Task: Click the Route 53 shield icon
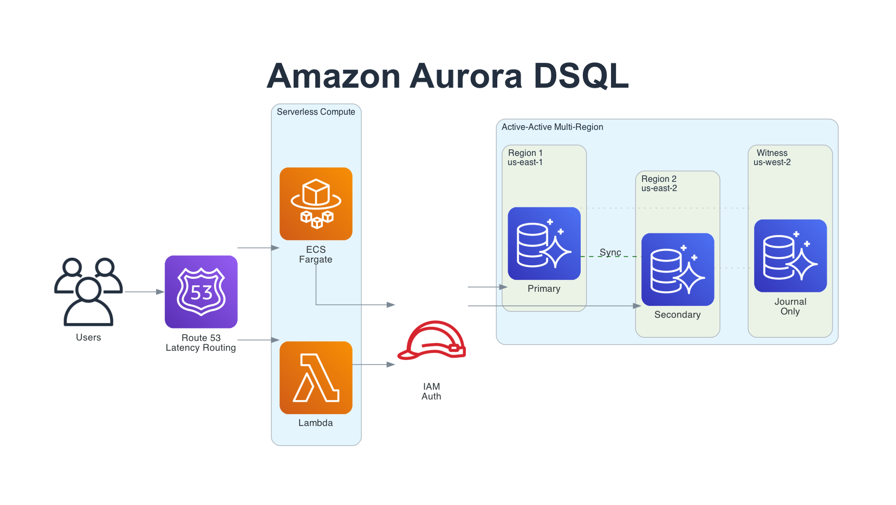point(201,292)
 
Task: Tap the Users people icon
point(88,292)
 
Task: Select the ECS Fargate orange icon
point(316,204)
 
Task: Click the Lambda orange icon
point(316,377)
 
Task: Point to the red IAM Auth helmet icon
point(432,340)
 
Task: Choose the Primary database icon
point(544,244)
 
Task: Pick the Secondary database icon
point(678,270)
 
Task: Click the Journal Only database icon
point(790,255)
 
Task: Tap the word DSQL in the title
point(581,76)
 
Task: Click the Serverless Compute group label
point(316,112)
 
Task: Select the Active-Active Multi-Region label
point(552,127)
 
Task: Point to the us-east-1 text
point(525,162)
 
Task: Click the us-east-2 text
point(659,188)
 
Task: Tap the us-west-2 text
point(772,162)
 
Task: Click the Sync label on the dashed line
point(610,252)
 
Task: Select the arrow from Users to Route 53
point(144,292)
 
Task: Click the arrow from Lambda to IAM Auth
point(373,365)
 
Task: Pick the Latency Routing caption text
point(200,348)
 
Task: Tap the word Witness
point(772,153)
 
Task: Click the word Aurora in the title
point(466,76)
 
